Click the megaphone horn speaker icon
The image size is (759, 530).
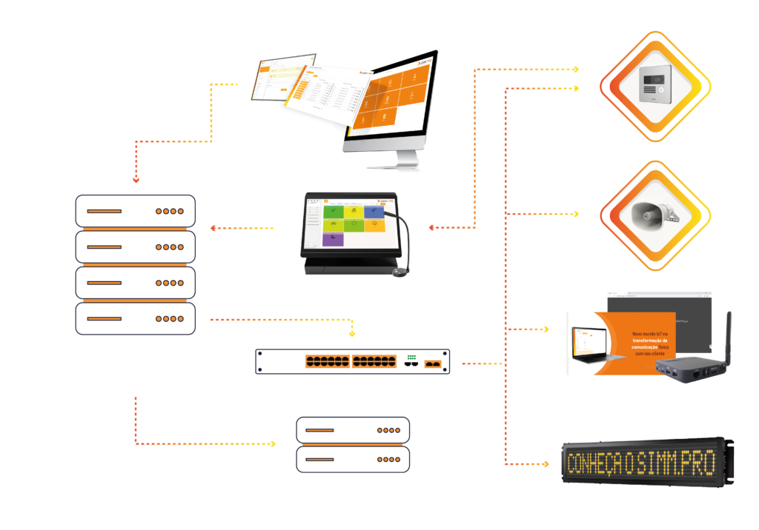click(654, 215)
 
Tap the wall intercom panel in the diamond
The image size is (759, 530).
click(655, 86)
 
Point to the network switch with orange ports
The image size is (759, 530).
click(353, 362)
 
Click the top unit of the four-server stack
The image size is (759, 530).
click(136, 211)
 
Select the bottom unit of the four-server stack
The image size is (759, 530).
click(136, 318)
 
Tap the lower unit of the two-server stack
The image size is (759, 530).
click(353, 459)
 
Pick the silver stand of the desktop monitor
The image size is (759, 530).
click(407, 158)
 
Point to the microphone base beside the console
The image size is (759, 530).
click(401, 272)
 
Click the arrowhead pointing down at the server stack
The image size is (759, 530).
click(136, 179)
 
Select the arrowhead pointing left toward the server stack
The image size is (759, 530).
click(213, 228)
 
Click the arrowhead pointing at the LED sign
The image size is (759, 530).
click(546, 464)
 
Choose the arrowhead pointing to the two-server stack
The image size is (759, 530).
click(273, 444)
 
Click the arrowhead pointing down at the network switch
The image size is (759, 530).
click(352, 332)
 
